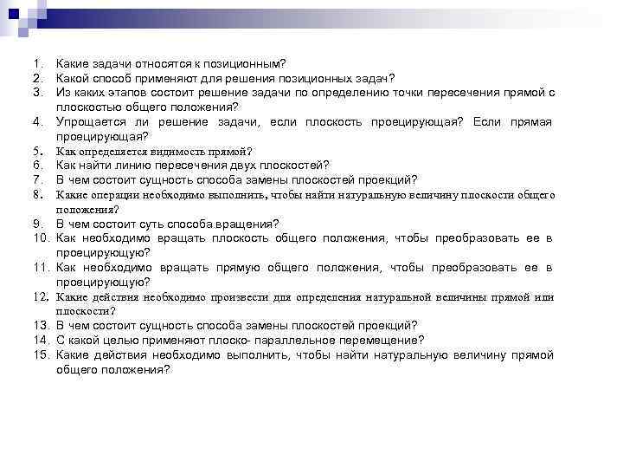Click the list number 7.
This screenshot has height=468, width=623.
(38, 179)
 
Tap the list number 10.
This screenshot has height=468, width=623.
(41, 238)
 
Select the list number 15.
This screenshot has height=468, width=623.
(41, 355)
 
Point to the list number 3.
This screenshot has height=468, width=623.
(38, 92)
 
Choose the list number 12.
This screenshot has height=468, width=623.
(41, 297)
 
